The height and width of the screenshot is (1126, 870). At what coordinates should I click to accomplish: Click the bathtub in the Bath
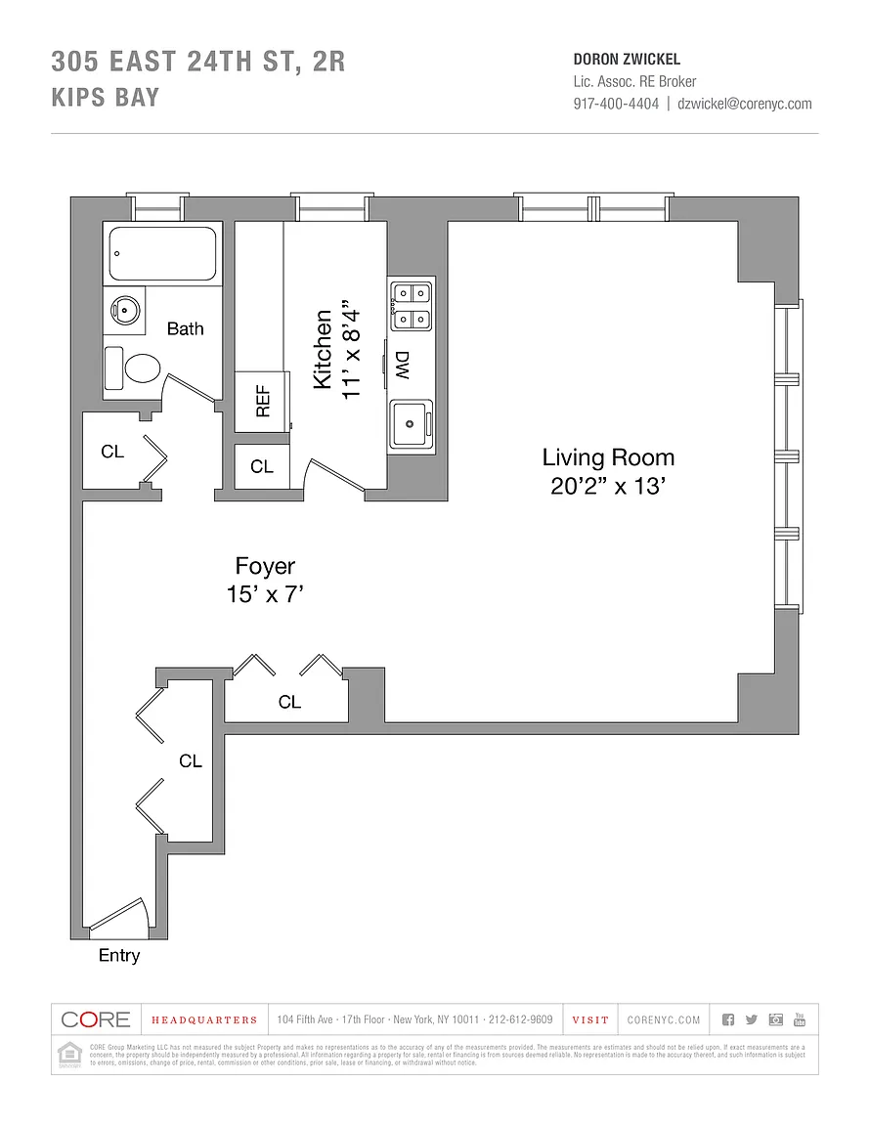click(162, 254)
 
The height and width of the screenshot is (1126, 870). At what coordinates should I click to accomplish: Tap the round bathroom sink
click(125, 311)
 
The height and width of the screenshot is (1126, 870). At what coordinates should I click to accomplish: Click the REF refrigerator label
click(262, 401)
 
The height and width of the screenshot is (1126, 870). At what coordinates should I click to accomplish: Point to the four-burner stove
click(412, 304)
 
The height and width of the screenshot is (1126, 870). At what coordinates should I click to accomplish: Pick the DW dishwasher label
click(402, 366)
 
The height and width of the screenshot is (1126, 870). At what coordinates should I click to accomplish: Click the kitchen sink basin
click(412, 424)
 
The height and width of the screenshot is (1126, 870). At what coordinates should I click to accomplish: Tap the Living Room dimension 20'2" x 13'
click(608, 486)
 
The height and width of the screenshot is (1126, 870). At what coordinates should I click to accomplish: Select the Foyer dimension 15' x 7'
click(265, 593)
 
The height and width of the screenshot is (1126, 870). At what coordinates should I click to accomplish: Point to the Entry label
click(119, 956)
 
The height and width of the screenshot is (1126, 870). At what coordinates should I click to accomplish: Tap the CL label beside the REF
click(262, 467)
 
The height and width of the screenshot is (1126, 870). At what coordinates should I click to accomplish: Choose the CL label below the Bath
click(112, 452)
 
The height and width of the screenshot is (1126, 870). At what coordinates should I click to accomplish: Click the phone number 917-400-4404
click(616, 104)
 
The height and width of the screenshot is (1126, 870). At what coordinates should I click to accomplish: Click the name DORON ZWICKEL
click(627, 60)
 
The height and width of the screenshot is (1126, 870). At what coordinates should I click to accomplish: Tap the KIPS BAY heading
click(106, 98)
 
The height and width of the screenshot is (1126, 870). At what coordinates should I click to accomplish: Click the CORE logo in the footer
click(96, 1019)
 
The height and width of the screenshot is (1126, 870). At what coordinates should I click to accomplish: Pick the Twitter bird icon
click(751, 1019)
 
